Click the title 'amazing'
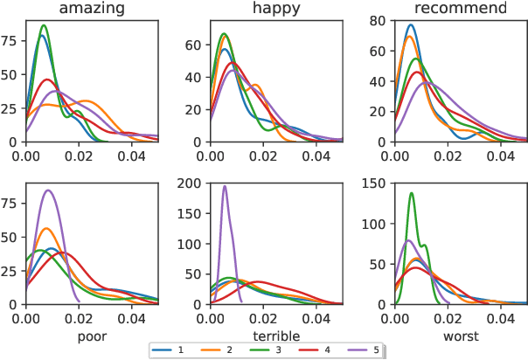92,9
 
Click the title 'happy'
276,9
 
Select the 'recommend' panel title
461,9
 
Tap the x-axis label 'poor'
92,335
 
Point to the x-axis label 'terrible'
276,335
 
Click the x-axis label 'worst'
461,335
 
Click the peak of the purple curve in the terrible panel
225,185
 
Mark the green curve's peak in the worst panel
412,193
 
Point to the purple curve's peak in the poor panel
48,190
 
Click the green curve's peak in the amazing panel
43,25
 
